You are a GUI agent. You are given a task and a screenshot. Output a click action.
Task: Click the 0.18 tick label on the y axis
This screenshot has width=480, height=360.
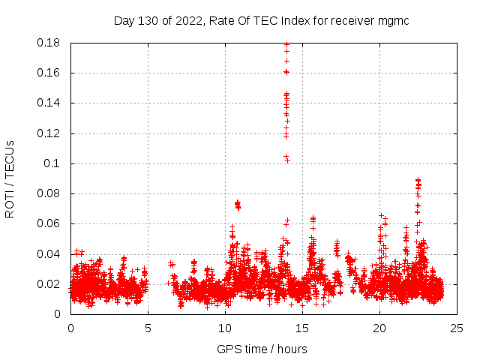50,43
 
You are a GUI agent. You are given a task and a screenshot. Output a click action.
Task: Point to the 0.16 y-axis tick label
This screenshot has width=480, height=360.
50,73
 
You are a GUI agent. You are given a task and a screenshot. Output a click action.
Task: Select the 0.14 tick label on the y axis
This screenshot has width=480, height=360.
50,103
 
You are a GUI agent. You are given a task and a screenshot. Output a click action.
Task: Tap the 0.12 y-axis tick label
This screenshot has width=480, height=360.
50,133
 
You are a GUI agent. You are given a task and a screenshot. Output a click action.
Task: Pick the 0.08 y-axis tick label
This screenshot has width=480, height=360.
50,193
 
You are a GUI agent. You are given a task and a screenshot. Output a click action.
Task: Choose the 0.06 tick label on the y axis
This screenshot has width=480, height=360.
50,223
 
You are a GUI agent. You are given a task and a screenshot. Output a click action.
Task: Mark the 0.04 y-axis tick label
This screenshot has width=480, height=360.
50,254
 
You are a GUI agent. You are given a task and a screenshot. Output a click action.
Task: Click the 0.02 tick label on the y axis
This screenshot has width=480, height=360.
50,284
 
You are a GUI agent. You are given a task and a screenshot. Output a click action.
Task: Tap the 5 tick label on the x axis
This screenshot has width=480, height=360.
148,328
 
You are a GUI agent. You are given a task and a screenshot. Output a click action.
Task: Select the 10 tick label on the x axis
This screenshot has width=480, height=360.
225,328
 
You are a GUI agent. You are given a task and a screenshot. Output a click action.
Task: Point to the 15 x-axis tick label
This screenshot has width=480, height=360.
302,328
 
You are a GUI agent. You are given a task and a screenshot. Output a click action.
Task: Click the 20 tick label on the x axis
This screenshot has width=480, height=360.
379,328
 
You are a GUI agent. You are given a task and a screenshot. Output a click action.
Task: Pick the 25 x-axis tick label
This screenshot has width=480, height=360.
457,328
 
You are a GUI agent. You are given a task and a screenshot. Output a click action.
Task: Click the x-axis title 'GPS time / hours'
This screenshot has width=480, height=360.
262,349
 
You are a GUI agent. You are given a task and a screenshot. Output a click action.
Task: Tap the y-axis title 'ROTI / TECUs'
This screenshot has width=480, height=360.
10,178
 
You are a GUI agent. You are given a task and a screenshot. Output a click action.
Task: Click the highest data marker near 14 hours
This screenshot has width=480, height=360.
286,45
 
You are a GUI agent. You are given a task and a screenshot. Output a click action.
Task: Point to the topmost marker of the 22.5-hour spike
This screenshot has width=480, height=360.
418,180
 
